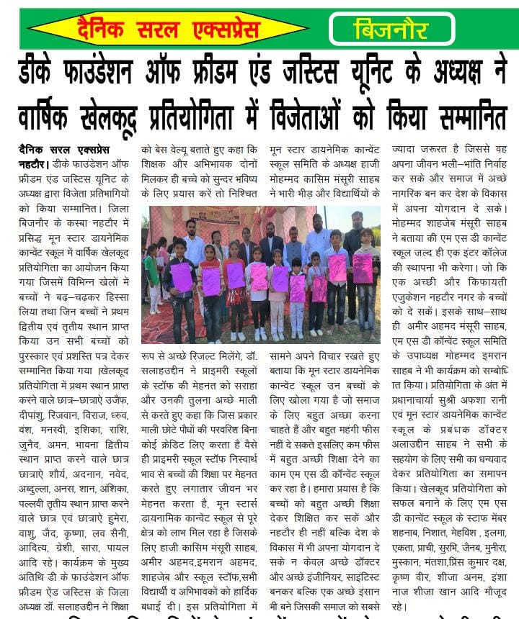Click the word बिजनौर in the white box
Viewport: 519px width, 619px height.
click(x=391, y=30)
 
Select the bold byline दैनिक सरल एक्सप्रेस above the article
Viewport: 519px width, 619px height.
click(x=65, y=150)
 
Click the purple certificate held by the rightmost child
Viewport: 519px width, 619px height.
click(x=363, y=268)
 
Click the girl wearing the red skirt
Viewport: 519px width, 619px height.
click(x=234, y=288)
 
